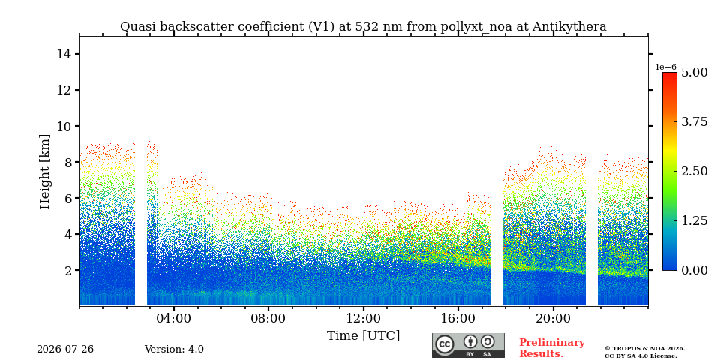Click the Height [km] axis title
point(44,172)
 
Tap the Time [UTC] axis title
point(363,336)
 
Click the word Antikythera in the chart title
point(569,27)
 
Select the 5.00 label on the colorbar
point(694,72)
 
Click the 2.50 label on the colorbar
point(694,171)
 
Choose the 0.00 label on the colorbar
point(694,270)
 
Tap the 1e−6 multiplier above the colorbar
point(665,67)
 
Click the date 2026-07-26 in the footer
point(65,349)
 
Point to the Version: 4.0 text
point(174,349)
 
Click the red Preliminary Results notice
point(552,348)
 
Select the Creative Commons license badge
point(468,345)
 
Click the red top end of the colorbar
point(670,73)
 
